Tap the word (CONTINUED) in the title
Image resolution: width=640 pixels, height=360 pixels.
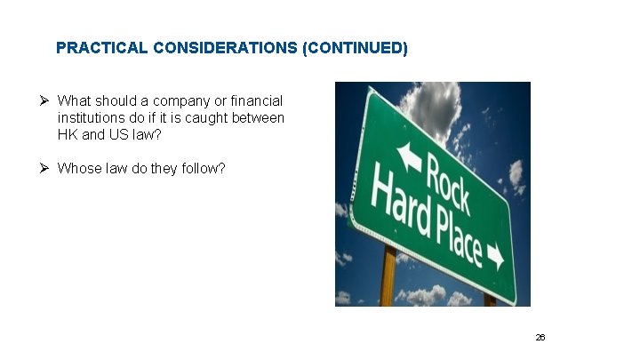click(x=356, y=48)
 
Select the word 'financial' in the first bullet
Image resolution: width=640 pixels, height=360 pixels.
click(x=254, y=101)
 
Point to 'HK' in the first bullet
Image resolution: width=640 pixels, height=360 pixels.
click(x=68, y=135)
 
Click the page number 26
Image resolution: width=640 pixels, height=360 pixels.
click(x=540, y=339)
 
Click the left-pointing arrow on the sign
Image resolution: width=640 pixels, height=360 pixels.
click(x=410, y=156)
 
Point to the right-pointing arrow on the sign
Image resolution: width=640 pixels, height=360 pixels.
click(x=495, y=259)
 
